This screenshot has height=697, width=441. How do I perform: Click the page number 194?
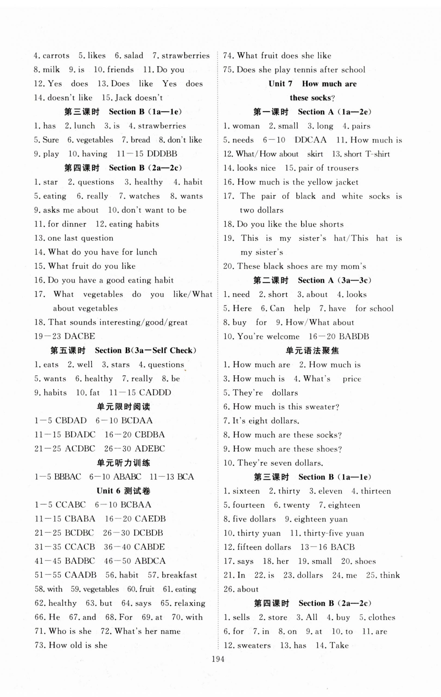218,659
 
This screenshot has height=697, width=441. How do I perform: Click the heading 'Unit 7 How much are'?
312,84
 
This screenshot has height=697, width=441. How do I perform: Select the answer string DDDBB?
162,154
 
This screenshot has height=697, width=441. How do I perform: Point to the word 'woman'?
246,126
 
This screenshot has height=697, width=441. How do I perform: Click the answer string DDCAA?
310,140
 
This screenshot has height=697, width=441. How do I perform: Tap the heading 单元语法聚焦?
312,351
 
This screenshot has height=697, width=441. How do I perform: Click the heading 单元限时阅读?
124,407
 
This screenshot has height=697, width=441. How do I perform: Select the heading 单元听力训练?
124,463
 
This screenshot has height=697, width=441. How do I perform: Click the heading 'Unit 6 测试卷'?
124,491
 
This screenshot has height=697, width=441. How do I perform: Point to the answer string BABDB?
354,336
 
